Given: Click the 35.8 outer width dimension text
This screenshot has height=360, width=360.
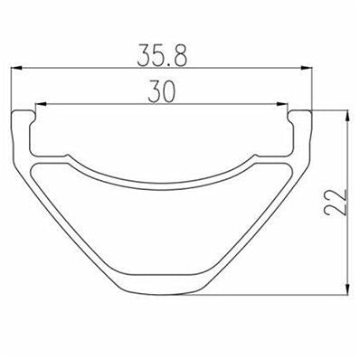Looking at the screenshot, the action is [162, 55].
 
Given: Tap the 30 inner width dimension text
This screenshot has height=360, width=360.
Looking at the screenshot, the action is [162, 91].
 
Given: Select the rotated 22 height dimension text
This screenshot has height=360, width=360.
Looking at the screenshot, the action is [336, 203].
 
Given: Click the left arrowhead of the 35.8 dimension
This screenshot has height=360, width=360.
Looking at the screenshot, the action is [16, 69].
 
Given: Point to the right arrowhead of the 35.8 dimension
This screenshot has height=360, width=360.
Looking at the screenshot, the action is [306, 69].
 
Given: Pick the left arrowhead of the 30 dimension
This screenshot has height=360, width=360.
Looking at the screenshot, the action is [41, 104].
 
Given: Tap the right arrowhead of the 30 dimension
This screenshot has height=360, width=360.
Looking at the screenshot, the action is [282, 104].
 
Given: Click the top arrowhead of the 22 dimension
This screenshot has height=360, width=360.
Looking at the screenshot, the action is [347, 117].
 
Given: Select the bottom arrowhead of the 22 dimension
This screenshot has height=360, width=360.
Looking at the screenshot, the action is [347, 289].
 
